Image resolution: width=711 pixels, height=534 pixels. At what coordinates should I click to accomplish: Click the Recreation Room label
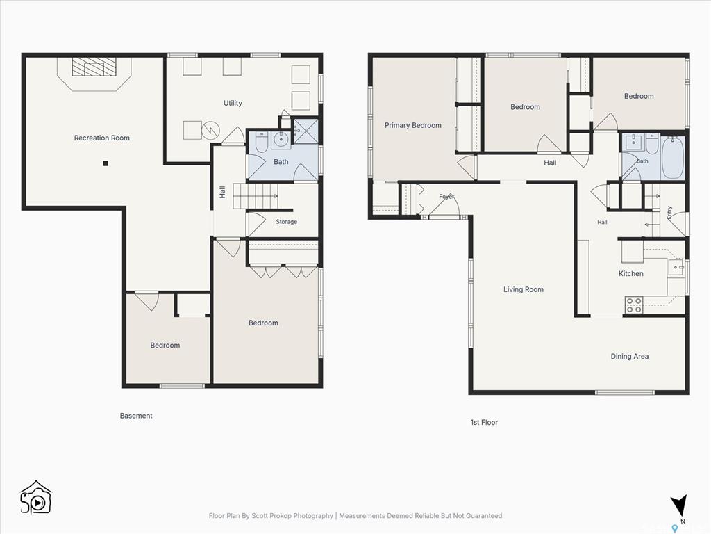coord(102,138)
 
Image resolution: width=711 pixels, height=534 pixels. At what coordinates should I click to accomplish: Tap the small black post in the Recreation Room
coord(106,163)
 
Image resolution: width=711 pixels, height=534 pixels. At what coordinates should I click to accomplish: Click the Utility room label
coord(233,103)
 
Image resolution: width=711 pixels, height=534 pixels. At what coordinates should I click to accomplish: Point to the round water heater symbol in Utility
coord(211,130)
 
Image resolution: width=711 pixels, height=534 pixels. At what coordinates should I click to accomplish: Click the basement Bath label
coord(281,161)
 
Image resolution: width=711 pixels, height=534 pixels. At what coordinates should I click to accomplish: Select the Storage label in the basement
coord(287,222)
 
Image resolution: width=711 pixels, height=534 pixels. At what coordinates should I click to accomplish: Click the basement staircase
coord(256,196)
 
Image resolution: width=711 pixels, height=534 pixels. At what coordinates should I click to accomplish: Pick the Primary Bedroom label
coord(413,125)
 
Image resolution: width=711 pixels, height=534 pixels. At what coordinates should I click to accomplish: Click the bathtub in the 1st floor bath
coord(673,158)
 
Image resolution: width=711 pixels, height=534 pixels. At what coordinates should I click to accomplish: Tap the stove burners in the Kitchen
coord(634,305)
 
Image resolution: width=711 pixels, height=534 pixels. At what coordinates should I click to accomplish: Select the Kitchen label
coord(631,273)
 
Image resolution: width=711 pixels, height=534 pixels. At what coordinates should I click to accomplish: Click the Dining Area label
coord(630,357)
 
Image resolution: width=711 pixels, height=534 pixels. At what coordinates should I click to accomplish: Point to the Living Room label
coord(524,289)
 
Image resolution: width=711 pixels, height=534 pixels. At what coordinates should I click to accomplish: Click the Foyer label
coord(446,197)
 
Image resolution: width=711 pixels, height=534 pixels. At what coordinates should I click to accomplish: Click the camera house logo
coord(36,498)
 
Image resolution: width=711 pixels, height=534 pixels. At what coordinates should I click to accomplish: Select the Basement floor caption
coord(136,416)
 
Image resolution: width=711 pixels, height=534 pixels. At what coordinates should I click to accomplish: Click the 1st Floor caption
coord(484,422)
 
